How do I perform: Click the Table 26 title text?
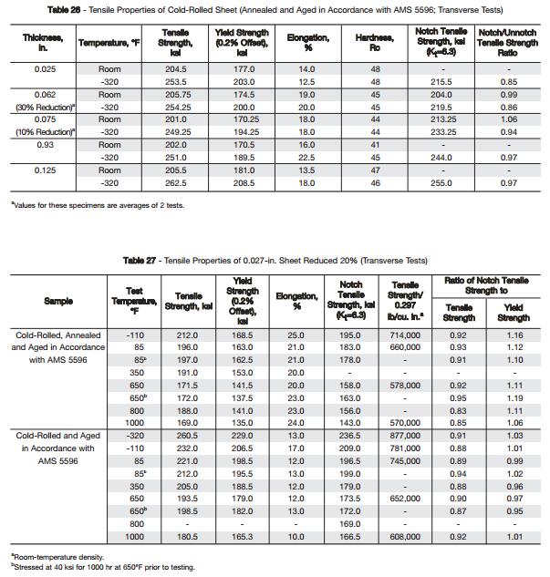[x=275, y=9]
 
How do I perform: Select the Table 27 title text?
[x=275, y=261]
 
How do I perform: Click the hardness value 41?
[x=374, y=145]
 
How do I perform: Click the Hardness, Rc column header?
[x=374, y=42]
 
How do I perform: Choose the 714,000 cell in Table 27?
[x=405, y=335]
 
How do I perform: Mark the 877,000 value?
[x=405, y=436]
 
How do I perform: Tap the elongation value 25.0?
[x=296, y=335]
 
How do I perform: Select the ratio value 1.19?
[x=514, y=398]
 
